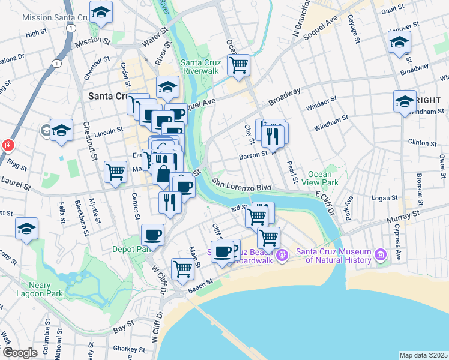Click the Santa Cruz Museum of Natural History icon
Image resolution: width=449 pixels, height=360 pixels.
click(x=379, y=256)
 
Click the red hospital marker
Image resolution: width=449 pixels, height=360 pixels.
click(x=8, y=145)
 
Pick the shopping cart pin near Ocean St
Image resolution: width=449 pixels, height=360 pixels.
click(x=239, y=65)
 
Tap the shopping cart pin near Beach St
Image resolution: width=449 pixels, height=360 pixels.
click(x=182, y=268)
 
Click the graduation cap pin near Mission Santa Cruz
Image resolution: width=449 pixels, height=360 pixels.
click(x=101, y=11)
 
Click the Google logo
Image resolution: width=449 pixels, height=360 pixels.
click(x=20, y=353)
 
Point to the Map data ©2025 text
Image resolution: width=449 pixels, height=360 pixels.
click(x=423, y=355)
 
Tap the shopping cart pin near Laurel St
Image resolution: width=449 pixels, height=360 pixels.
click(x=115, y=172)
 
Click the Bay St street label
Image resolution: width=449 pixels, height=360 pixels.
click(x=122, y=328)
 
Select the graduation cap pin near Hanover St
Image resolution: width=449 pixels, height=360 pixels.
click(x=399, y=43)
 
